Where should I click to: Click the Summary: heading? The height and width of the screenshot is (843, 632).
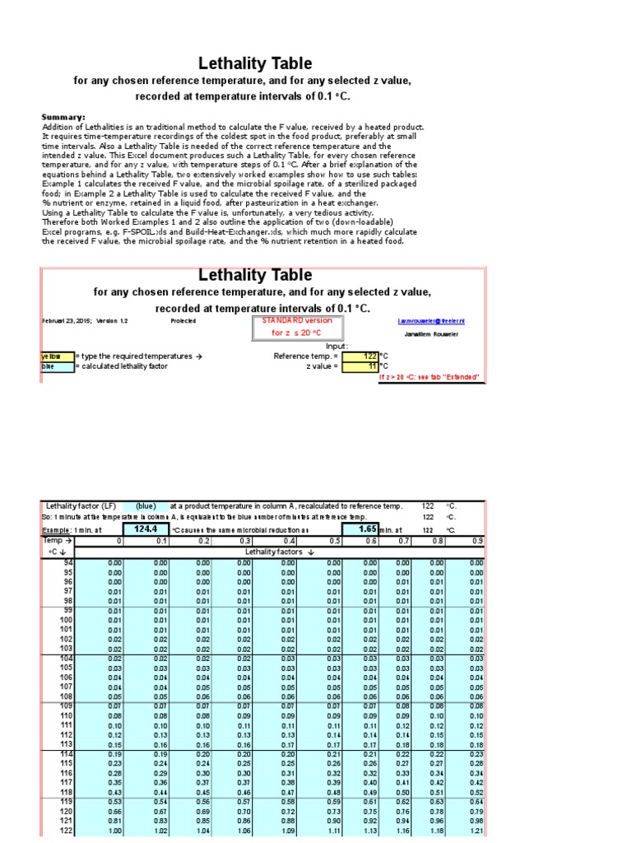(63, 118)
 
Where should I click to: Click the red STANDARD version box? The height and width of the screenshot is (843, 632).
(287, 326)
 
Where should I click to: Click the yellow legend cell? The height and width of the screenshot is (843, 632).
(56, 356)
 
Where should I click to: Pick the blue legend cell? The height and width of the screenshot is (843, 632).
(56, 366)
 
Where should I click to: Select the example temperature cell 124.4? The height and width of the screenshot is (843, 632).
(145, 529)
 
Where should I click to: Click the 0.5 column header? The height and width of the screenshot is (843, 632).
(334, 541)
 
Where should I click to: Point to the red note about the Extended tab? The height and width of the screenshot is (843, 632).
(428, 377)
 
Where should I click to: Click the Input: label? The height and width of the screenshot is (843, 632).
(337, 346)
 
